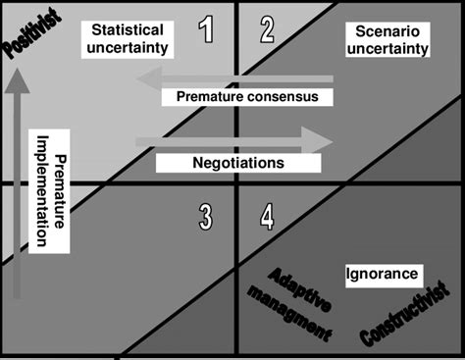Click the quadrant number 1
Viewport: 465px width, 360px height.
coord(206,30)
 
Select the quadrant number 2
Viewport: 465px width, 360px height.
coord(267,30)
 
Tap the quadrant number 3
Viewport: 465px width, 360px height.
coord(205,216)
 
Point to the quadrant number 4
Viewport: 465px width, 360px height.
coord(267,216)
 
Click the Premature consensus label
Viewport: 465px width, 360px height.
coord(247,96)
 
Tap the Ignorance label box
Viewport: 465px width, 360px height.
coord(383,274)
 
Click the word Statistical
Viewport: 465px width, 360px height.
coord(127,30)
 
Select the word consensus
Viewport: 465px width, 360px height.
coord(287,96)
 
